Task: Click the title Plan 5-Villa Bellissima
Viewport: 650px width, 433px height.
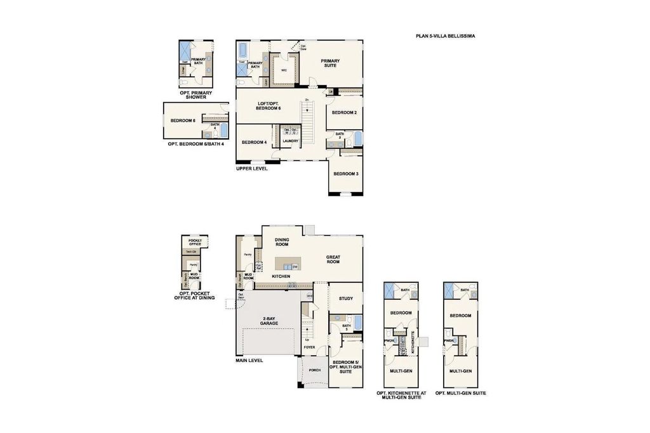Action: (441, 37)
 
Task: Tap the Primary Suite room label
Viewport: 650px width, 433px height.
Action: (330, 63)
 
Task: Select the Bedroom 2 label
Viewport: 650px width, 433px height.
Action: (345, 112)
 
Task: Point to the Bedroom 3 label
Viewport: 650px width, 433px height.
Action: (345, 174)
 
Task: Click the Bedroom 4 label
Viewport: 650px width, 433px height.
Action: (254, 142)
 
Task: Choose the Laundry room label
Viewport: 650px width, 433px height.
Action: (290, 141)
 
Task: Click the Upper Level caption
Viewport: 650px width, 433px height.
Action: (251, 169)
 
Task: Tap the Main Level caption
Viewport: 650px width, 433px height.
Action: (249, 360)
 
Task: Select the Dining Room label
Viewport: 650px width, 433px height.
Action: (281, 242)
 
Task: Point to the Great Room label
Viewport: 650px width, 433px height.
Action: (333, 258)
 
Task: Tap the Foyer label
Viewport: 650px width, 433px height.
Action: (309, 347)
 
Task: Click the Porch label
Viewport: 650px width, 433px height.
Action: (314, 371)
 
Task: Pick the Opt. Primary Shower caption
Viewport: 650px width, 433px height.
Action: (196, 95)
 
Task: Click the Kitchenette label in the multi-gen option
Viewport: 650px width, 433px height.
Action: (413, 342)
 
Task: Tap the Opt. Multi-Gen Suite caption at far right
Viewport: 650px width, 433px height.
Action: (461, 394)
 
